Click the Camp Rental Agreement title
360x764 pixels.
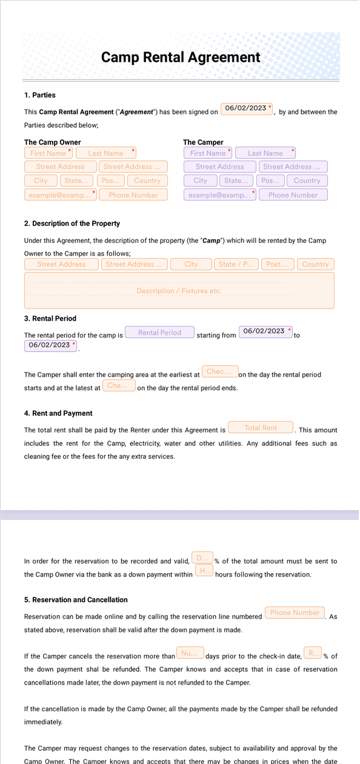click(181, 58)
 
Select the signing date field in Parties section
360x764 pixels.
click(246, 108)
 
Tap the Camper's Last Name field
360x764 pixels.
click(265, 153)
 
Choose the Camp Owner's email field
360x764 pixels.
click(60, 195)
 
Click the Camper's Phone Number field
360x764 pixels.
click(293, 195)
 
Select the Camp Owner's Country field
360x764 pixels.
click(147, 181)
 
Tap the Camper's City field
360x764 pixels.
click(201, 181)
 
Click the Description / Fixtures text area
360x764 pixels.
click(179, 291)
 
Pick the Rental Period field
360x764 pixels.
click(159, 333)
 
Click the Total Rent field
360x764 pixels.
click(261, 428)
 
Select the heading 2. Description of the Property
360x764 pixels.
click(72, 224)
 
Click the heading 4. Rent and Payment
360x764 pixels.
click(58, 413)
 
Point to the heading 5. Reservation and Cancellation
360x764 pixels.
click(76, 600)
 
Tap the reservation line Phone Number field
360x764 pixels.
click(295, 613)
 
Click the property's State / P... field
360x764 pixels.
click(236, 264)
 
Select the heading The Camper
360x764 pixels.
click(203, 142)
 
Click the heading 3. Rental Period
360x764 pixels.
click(50, 319)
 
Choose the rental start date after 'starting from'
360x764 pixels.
click(265, 331)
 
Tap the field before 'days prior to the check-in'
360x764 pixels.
click(190, 653)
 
